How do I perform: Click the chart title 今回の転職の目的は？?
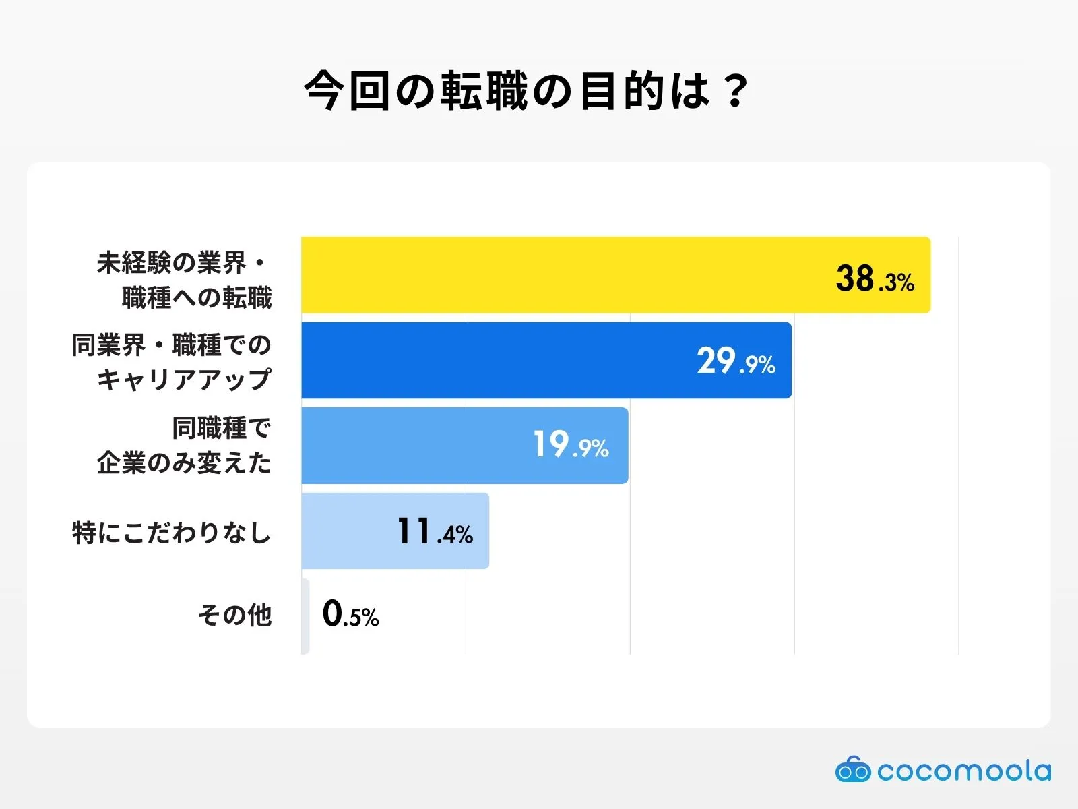coord(526,90)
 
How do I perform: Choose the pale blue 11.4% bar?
coord(350,531)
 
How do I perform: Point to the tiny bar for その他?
coord(305,616)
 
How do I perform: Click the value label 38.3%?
coord(875,278)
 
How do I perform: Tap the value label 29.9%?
coord(736,362)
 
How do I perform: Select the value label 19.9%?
coord(571,445)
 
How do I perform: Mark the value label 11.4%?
coord(435,532)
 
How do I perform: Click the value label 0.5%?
coord(350,614)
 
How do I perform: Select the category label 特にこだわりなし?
coord(172,533)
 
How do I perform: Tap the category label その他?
coord(234,615)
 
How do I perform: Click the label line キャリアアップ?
coord(183,379)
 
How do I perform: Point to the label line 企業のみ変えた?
coord(183,462)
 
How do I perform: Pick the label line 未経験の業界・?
coord(182,263)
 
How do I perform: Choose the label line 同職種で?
coord(221,428)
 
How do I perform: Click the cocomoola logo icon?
coord(852,769)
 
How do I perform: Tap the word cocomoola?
coord(963,771)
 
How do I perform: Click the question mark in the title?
coord(736,90)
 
